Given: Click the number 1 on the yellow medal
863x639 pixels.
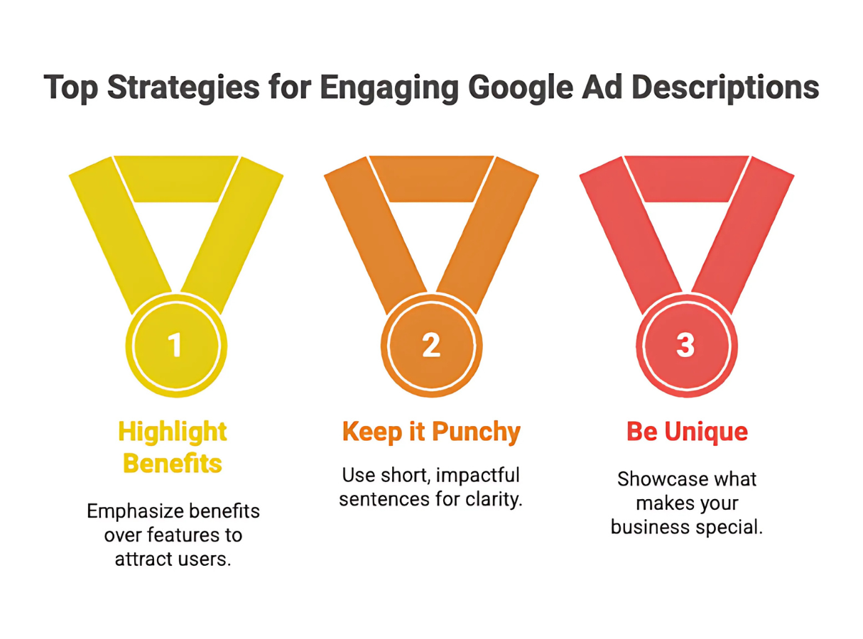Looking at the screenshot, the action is [x=175, y=344].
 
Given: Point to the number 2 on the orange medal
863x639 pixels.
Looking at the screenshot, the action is [x=431, y=344].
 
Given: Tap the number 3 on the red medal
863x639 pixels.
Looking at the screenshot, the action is [x=685, y=344].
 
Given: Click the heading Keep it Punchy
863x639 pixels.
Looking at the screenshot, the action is [x=431, y=433].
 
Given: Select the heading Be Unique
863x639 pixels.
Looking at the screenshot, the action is [x=687, y=432].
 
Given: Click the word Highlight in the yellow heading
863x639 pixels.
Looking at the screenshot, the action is [x=173, y=432].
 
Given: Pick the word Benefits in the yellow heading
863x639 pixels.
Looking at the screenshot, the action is [x=173, y=464].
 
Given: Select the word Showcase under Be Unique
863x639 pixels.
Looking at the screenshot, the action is [x=656, y=479].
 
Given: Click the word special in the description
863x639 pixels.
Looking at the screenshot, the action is [x=729, y=528].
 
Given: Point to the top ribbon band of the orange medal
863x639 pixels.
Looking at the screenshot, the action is [x=431, y=178].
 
